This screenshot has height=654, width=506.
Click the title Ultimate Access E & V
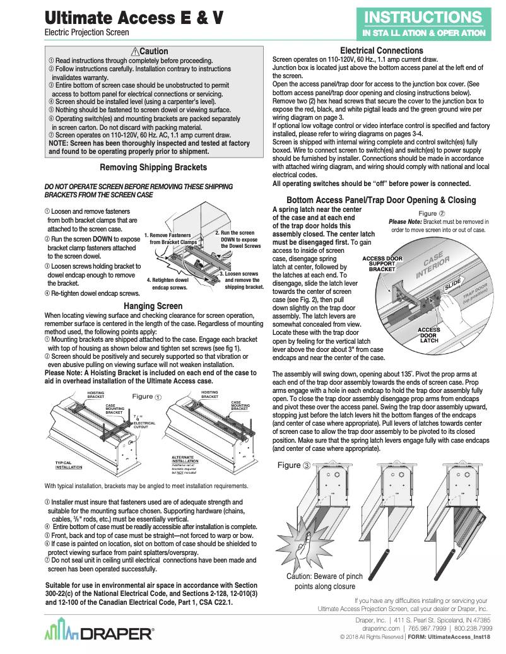tap(134, 18)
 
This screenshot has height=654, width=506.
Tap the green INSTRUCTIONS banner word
tap(423, 16)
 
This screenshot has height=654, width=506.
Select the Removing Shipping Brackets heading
tap(153, 167)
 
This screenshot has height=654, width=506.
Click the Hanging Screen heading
tap(153, 306)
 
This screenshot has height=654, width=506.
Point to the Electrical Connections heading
tap(381, 50)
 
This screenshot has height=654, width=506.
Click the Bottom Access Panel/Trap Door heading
tap(381, 200)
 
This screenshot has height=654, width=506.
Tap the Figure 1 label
tap(146, 397)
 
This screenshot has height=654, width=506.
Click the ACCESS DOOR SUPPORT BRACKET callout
tap(382, 264)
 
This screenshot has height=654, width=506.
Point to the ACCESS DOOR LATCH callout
tap(429, 335)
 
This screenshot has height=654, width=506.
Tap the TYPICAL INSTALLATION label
tap(68, 465)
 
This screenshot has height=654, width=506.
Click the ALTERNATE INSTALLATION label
tap(189, 458)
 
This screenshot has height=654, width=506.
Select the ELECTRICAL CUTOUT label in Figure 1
tap(144, 424)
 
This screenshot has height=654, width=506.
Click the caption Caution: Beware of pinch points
tap(324, 581)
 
